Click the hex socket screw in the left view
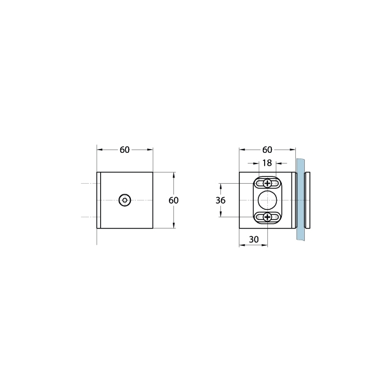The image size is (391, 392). [125, 200]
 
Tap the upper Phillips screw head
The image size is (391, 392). [267, 184]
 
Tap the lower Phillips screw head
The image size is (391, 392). [267, 217]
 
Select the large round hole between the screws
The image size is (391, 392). [267, 200]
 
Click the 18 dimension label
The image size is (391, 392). [267, 163]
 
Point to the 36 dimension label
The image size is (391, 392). [220, 200]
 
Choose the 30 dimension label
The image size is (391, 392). [254, 239]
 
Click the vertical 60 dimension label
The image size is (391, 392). [173, 200]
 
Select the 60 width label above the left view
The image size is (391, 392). [125, 150]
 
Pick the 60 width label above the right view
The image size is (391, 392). [267, 150]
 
